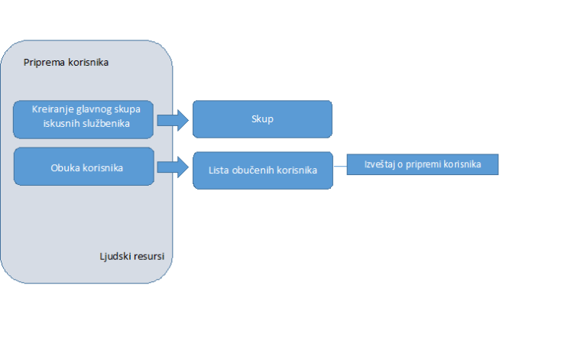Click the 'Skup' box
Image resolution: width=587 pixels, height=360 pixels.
pos(262,119)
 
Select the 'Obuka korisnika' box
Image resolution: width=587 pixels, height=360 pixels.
pos(84,167)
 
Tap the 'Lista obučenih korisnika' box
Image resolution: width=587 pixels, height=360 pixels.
pos(263,170)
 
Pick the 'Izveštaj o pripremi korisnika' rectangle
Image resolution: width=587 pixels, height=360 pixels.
pos(423,164)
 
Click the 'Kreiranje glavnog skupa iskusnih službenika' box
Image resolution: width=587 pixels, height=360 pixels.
pos(83,119)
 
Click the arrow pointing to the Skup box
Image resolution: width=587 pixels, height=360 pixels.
pos(173,121)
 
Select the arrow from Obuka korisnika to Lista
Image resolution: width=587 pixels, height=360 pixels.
pos(173,167)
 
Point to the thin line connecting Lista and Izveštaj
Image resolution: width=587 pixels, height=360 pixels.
pos(340,166)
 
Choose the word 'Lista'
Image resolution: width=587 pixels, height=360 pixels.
pos(219,170)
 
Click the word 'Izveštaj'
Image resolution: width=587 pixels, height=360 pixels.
pos(380,164)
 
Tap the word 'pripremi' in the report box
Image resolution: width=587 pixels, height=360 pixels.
pos(423,164)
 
